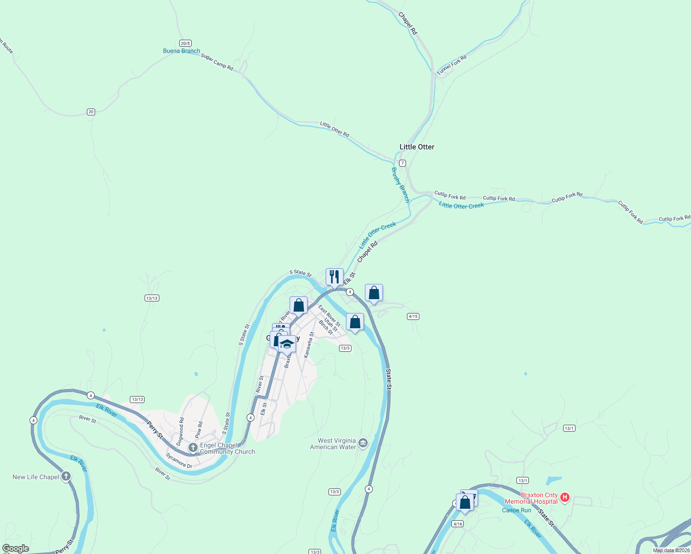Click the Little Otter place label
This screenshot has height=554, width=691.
click(x=417, y=147)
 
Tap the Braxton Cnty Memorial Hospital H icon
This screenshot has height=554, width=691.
click(x=564, y=498)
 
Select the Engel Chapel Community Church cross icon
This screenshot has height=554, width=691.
click(x=193, y=447)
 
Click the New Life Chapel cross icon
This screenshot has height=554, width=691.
click(x=66, y=476)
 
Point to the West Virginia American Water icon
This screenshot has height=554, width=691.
click(x=363, y=444)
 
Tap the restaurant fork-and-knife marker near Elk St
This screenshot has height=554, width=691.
click(x=334, y=277)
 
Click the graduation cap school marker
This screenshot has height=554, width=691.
click(x=287, y=344)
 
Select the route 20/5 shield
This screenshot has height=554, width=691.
click(x=185, y=43)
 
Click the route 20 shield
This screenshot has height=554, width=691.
click(x=91, y=112)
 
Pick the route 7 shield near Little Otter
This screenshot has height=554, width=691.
click(x=402, y=163)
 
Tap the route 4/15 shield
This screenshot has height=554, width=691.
click(x=413, y=316)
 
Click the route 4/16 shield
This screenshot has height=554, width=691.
click(x=457, y=524)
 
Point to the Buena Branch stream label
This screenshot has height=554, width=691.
click(x=182, y=51)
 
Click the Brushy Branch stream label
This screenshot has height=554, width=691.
click(x=400, y=185)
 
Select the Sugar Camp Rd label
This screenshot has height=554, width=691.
click(x=217, y=62)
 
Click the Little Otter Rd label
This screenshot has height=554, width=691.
click(x=334, y=129)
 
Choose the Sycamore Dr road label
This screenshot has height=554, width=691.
click(x=179, y=461)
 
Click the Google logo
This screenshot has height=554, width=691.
click(x=16, y=548)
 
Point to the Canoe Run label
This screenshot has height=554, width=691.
click(x=516, y=510)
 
